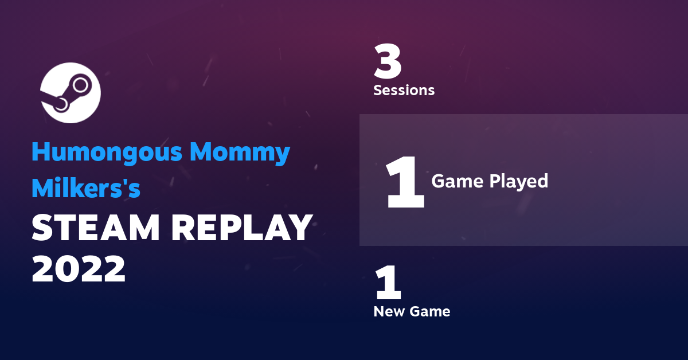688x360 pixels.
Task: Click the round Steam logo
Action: (71, 93)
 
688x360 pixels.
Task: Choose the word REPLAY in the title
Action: (242, 229)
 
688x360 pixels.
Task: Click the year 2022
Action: (79, 268)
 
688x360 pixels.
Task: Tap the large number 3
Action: (388, 62)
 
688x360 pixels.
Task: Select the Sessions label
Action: (404, 90)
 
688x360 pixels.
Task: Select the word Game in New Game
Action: (430, 312)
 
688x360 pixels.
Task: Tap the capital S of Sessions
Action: (378, 90)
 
